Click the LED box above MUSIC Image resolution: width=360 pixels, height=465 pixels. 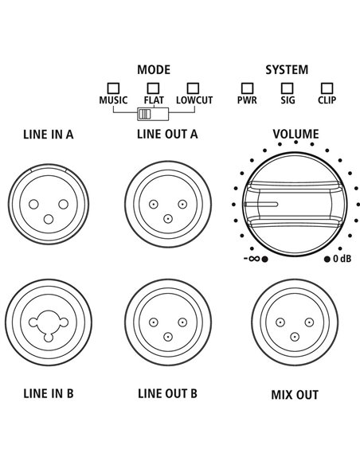113,88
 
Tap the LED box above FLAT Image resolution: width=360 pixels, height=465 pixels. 153,88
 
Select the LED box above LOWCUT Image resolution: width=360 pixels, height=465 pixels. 193,88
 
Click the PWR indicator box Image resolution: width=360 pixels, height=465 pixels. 247,88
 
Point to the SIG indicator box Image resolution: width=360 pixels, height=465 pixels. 287,88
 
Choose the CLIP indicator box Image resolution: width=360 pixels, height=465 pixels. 327,88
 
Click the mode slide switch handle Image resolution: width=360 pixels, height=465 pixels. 144,114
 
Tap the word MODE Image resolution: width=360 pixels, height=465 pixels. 154,70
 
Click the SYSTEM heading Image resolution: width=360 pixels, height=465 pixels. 287,70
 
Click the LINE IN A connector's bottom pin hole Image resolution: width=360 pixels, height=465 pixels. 49,220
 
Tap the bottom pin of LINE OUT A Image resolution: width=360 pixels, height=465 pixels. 168,219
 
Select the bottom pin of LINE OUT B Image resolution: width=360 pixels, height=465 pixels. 168,337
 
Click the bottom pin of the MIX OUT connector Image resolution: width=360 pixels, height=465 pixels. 295,337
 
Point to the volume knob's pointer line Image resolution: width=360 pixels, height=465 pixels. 260,205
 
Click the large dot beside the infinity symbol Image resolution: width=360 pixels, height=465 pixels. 265,260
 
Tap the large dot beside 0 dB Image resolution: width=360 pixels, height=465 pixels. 327,260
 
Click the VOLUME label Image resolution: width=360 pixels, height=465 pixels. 295,135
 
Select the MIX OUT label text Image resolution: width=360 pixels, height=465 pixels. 295,395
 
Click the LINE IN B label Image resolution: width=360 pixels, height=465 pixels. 49,393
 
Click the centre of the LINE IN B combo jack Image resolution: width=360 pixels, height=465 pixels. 49,322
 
